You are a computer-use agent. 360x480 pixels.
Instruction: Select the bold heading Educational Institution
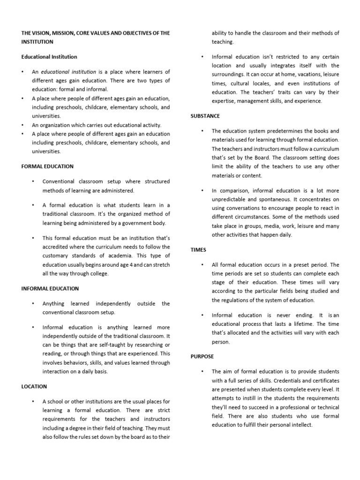pyautogui.click(x=49, y=57)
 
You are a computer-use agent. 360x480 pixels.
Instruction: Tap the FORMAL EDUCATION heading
pyautogui.click(x=47, y=166)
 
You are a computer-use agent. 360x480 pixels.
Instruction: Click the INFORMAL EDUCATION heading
pyautogui.click(x=50, y=289)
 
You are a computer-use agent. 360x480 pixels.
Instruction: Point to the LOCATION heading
pyautogui.click(x=34, y=387)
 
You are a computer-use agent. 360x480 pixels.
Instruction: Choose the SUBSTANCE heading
pyautogui.click(x=205, y=116)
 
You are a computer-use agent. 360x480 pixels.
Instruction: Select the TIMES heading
pyautogui.click(x=198, y=250)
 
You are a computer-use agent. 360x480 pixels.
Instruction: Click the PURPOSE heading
pyautogui.click(x=202, y=357)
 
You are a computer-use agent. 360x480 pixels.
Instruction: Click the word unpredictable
pyautogui.click(x=230, y=199)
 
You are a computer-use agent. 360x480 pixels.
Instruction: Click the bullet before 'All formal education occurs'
pyautogui.click(x=202, y=265)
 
